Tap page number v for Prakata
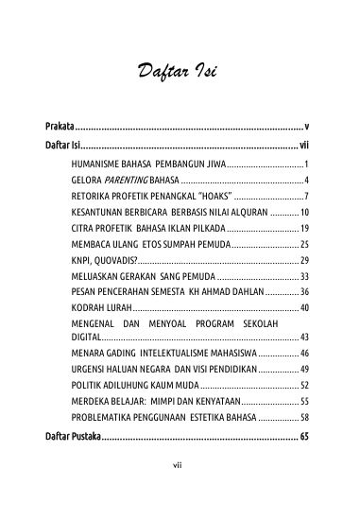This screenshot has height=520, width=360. [x=307, y=126]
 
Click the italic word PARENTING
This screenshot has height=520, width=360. [x=126, y=179]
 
